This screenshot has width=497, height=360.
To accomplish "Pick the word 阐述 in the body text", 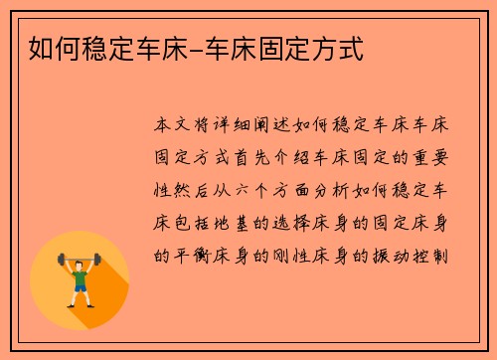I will coord(281,126).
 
